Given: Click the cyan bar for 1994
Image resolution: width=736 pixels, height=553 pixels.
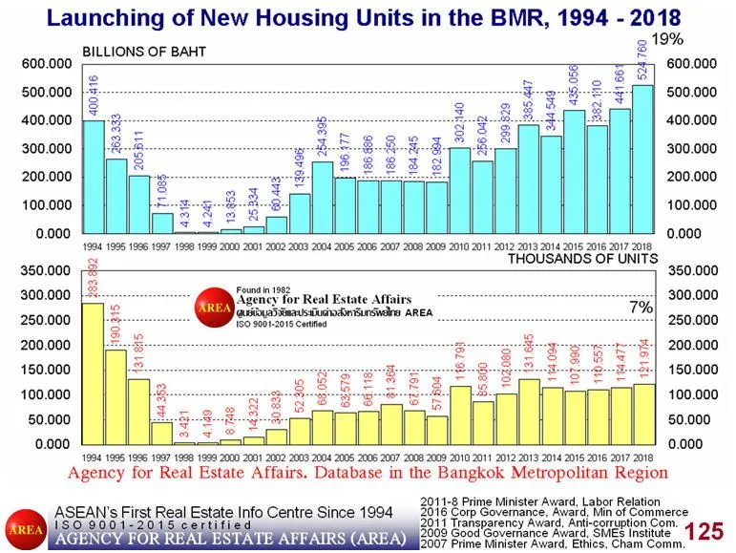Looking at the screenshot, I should click(x=94, y=177).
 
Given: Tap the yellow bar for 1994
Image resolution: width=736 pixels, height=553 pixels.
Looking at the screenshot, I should click(x=94, y=373).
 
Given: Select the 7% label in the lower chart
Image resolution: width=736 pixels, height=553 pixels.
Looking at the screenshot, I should click(x=641, y=308).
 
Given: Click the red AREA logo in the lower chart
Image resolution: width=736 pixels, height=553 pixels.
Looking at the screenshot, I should click(x=208, y=308).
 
